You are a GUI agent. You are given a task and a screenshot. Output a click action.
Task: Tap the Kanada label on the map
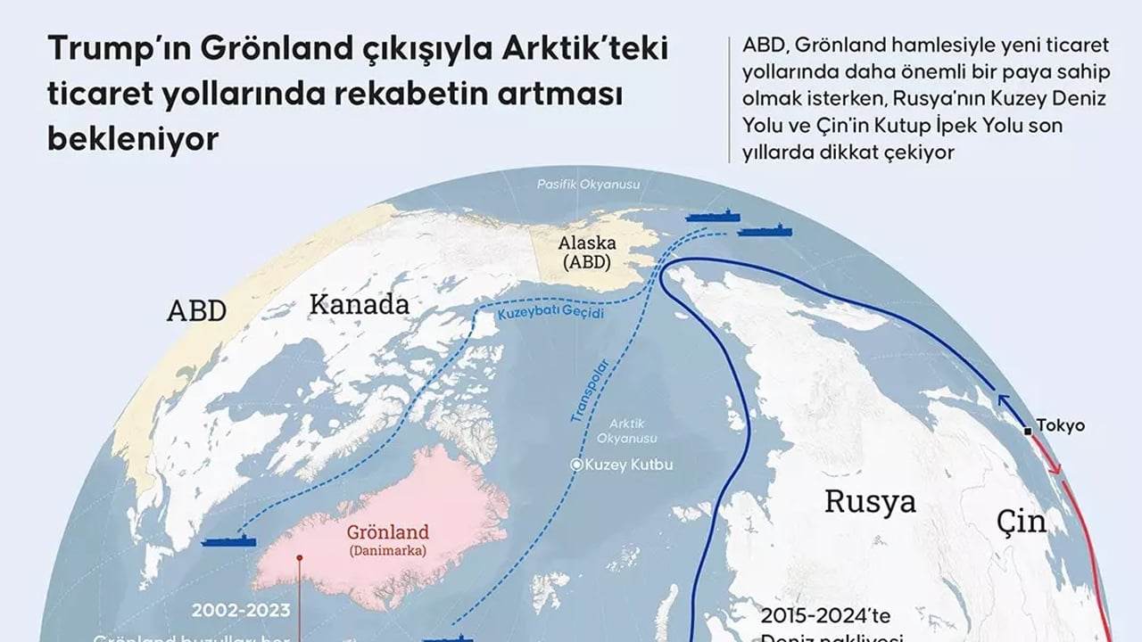click(x=359, y=305)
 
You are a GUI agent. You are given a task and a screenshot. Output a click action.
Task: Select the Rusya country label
click(x=869, y=501)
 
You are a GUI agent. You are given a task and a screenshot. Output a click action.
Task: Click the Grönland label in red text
click(x=388, y=532)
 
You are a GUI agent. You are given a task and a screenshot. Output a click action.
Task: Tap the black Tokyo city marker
click(x=1029, y=431)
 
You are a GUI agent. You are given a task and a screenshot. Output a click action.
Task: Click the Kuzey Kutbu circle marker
click(x=577, y=465)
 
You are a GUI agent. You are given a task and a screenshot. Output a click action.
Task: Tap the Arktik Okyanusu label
click(x=628, y=432)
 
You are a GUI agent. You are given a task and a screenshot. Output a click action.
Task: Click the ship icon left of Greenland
click(x=228, y=540)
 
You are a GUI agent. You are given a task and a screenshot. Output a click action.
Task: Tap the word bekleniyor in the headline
click(x=133, y=139)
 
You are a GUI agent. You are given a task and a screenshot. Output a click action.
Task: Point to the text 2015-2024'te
click(x=826, y=616)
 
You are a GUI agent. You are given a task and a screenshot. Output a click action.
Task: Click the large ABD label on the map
click(x=196, y=310)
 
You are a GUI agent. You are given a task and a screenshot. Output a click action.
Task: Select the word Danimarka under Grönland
click(x=387, y=551)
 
